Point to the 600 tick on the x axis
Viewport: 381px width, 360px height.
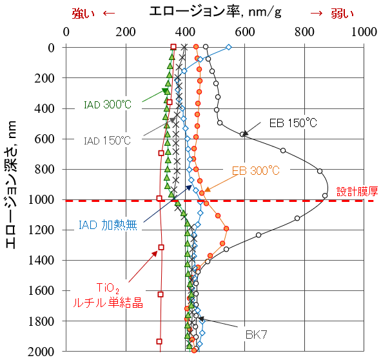coord(246,31)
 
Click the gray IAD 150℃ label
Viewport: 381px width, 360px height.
coord(107,140)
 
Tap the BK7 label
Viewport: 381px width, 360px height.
coord(257,335)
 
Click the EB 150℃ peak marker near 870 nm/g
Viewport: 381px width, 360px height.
coord(325,195)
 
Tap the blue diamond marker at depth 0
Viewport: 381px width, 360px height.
coord(229,46)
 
